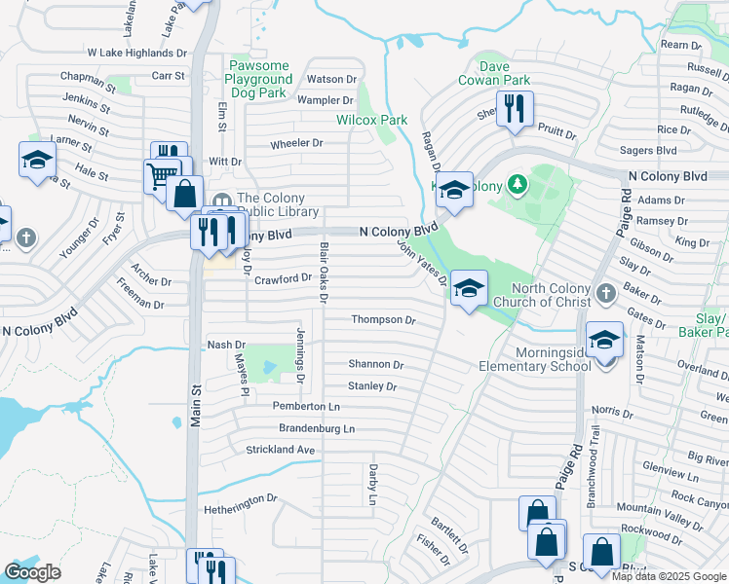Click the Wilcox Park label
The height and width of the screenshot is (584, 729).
(x=371, y=120)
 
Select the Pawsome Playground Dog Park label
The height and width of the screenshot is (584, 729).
(x=259, y=79)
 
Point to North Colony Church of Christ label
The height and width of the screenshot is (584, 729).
(x=537, y=296)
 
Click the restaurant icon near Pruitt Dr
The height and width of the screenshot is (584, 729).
(x=515, y=109)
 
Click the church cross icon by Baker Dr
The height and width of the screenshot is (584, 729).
(x=605, y=292)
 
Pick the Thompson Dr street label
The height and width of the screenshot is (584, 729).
(x=383, y=320)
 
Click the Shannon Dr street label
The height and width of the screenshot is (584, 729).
(x=376, y=364)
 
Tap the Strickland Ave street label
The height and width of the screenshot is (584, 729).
(x=281, y=450)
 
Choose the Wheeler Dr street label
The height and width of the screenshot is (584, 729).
(x=296, y=143)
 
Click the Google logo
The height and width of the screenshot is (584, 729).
(x=33, y=572)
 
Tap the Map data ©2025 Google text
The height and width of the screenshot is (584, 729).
(x=669, y=576)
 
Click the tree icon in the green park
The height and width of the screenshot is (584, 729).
(x=518, y=183)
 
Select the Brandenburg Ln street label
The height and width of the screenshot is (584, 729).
(x=303, y=428)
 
